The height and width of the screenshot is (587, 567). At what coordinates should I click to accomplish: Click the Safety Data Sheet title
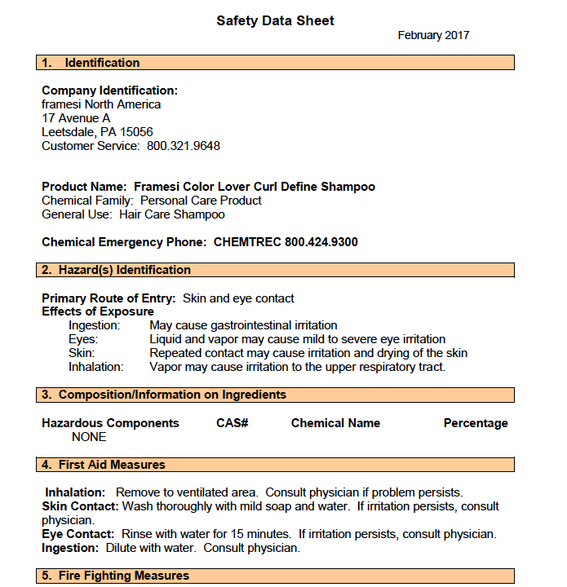tap(275, 21)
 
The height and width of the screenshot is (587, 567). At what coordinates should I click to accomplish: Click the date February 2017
tap(433, 36)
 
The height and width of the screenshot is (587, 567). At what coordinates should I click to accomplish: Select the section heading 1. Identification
tap(91, 63)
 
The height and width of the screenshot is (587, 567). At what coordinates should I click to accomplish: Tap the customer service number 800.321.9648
tap(184, 146)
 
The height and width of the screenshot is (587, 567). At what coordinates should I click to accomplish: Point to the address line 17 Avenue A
tap(76, 118)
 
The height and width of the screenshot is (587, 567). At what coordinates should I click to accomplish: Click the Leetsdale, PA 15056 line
tap(97, 132)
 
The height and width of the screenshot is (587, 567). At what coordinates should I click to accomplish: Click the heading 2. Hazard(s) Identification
tap(117, 270)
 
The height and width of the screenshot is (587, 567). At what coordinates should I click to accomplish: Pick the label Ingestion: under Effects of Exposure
tap(95, 325)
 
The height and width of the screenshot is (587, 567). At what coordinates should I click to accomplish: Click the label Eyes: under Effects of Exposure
tap(83, 339)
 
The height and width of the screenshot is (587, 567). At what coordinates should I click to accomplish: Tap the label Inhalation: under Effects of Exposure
tap(96, 367)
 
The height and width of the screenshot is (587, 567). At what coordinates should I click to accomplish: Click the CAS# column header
tap(233, 423)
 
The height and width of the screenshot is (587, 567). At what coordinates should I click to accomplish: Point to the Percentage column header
tap(476, 423)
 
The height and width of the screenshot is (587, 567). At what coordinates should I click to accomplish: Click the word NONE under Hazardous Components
tap(89, 437)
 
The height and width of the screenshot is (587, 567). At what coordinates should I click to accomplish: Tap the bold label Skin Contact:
tap(80, 506)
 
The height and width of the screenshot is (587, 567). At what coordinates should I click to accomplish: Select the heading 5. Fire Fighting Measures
tap(116, 576)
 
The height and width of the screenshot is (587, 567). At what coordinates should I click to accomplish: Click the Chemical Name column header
tap(335, 423)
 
